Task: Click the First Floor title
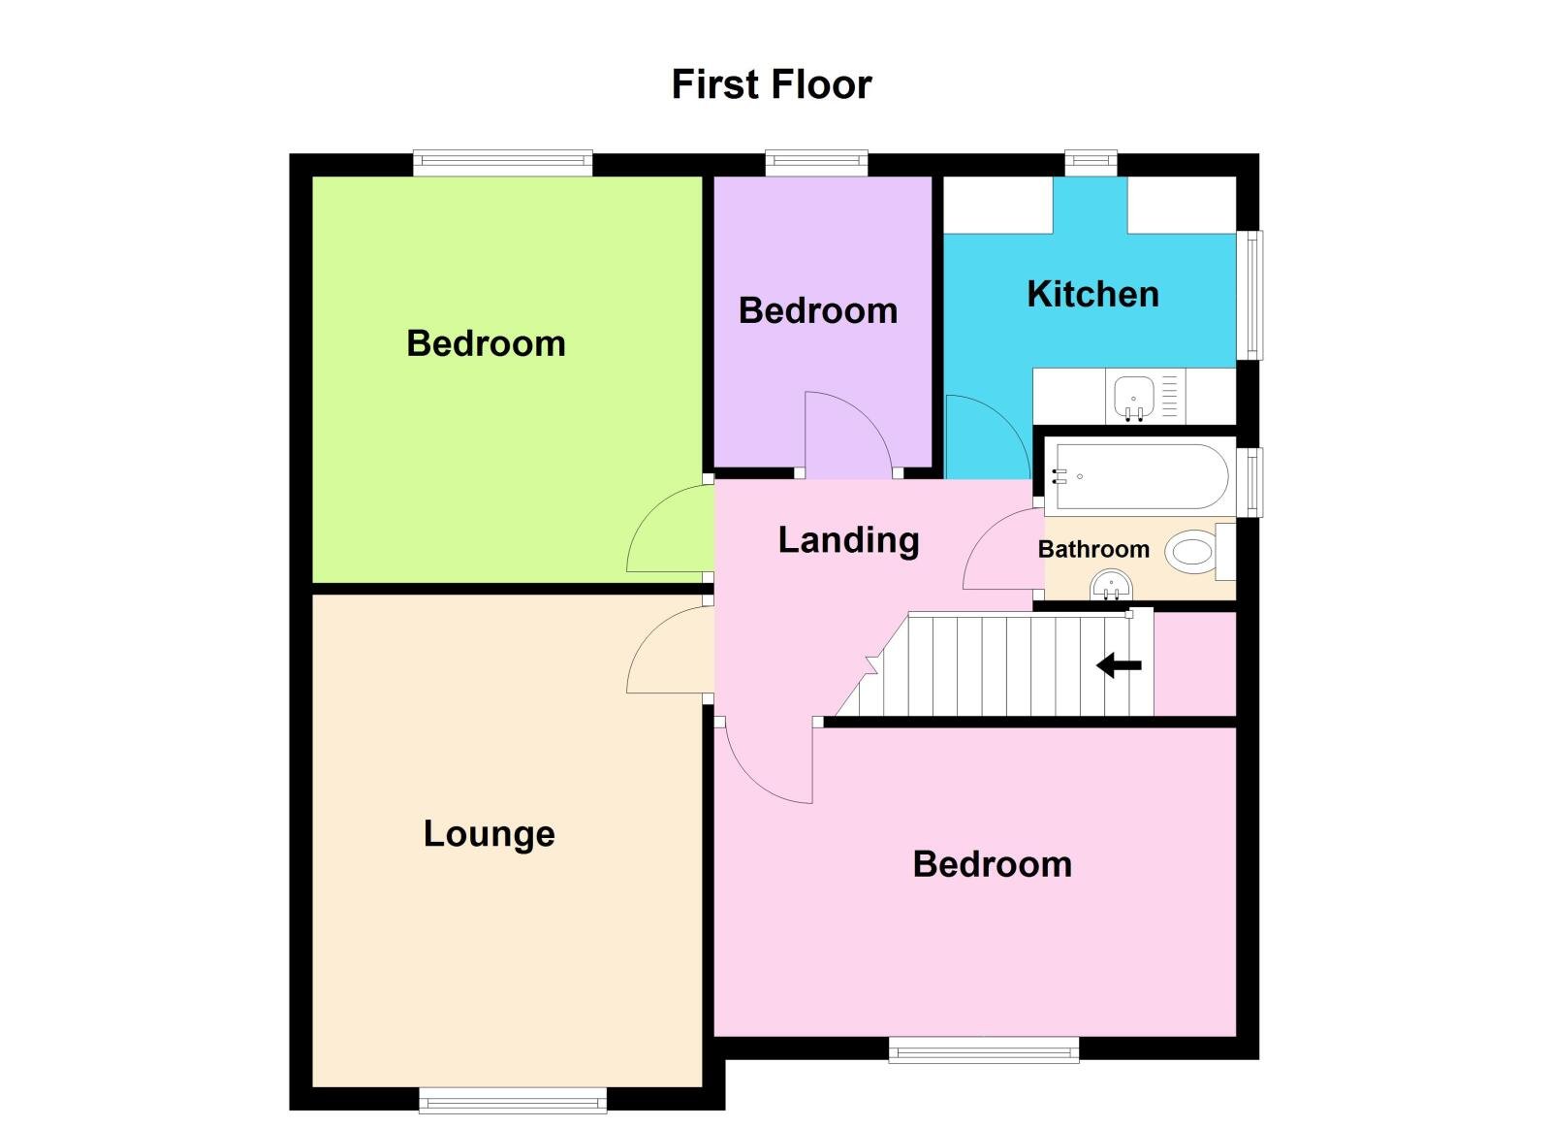coord(772,84)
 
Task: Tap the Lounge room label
coord(489,833)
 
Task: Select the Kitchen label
coord(1092,294)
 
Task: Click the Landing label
coord(848,539)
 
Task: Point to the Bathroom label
coord(1092,549)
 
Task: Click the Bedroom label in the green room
coord(486,343)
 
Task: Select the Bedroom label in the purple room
coord(818,310)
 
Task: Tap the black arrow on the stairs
coord(1119,665)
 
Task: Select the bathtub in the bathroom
coord(1140,476)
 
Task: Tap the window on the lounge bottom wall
coord(513,1100)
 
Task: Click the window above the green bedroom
coord(502,163)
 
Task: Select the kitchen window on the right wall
coord(1253,295)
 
